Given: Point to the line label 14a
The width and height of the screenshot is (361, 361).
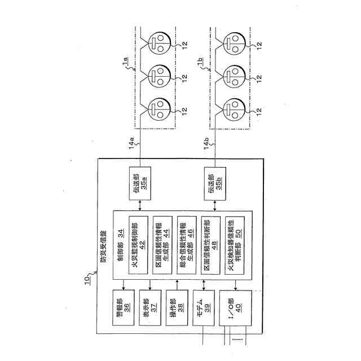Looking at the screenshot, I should point(131,145).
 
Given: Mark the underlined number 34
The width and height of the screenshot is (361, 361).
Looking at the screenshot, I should point(121,231).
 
